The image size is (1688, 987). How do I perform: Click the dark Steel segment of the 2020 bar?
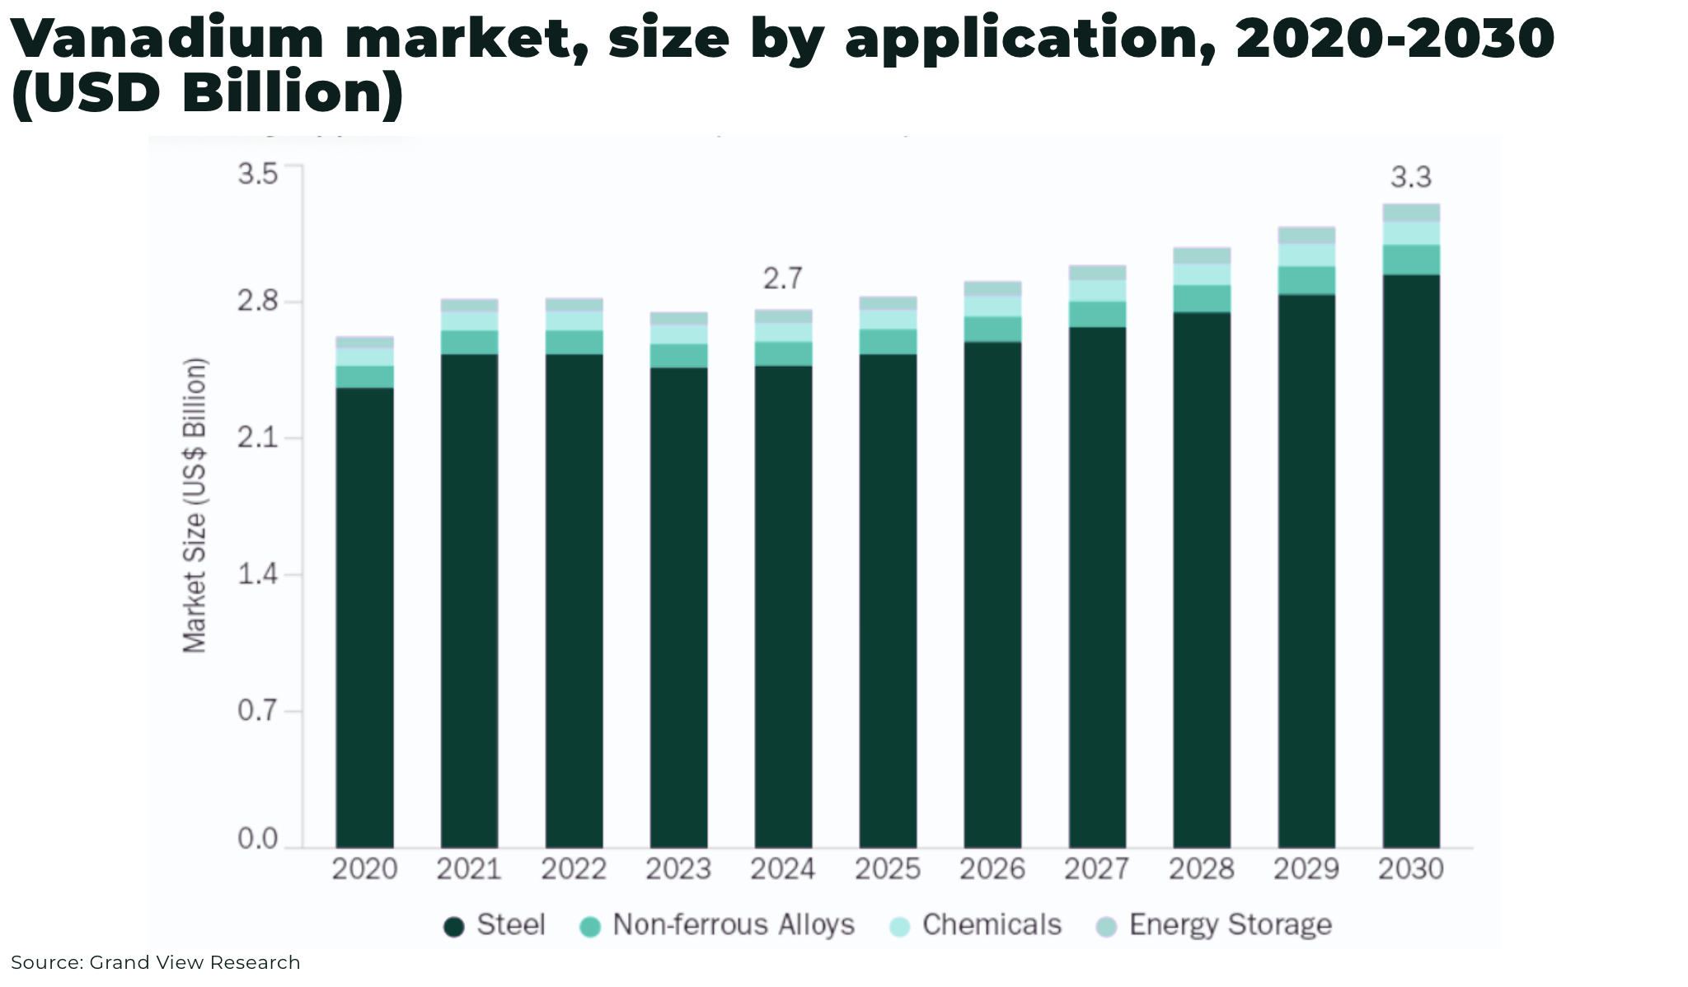(x=364, y=618)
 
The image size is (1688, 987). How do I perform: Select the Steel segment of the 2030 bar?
(x=1411, y=560)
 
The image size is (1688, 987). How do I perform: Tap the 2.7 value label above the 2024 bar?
(x=781, y=279)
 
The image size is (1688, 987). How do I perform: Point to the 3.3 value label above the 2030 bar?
(x=1411, y=177)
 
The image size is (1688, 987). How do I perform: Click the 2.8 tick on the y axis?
(x=258, y=302)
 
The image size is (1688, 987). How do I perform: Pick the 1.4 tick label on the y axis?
(x=258, y=574)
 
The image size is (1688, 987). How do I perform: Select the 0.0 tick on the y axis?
(x=258, y=840)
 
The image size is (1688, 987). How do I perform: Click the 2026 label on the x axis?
(x=992, y=869)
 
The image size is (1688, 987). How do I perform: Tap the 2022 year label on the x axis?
(x=573, y=869)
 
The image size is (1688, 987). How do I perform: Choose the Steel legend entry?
(x=495, y=925)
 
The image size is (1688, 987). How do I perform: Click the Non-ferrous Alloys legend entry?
(x=717, y=925)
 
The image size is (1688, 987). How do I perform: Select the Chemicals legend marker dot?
(x=900, y=927)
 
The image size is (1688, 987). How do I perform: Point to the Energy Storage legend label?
(x=1230, y=925)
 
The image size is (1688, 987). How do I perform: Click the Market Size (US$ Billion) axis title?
(x=195, y=505)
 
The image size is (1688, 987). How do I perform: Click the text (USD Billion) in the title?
(x=208, y=92)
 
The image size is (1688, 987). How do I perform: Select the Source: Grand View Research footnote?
(x=156, y=962)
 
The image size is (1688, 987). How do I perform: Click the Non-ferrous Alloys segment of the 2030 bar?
(x=1411, y=260)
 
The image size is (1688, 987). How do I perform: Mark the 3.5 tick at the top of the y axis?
(x=258, y=174)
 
